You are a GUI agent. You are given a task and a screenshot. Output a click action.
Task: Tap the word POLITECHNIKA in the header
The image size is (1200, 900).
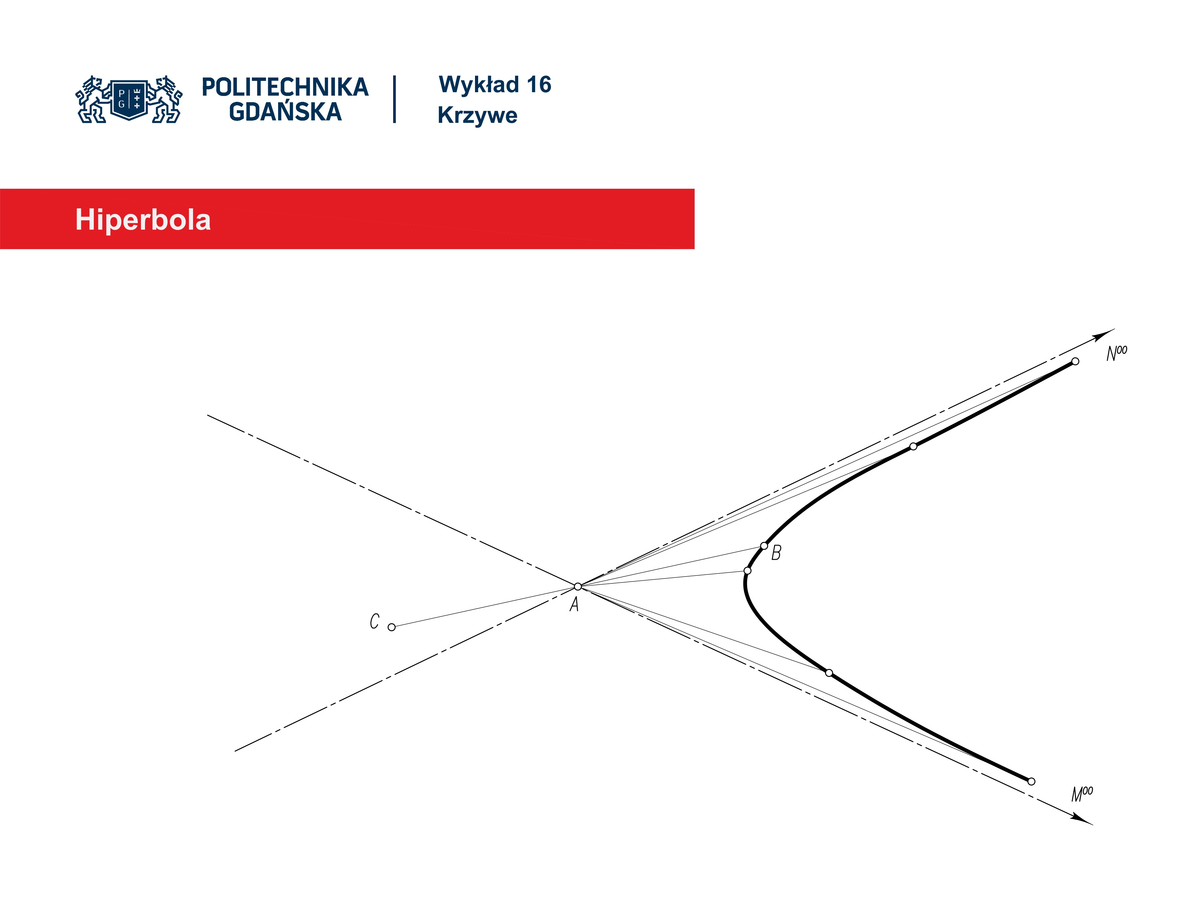point(285,87)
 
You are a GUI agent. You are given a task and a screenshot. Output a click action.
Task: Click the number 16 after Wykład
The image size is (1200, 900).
point(539,85)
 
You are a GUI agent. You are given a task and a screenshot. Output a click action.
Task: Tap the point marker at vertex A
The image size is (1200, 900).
point(578,587)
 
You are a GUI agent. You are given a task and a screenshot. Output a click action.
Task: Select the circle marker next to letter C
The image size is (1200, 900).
point(392,627)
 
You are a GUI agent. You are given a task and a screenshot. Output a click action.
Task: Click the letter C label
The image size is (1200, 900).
point(374,621)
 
